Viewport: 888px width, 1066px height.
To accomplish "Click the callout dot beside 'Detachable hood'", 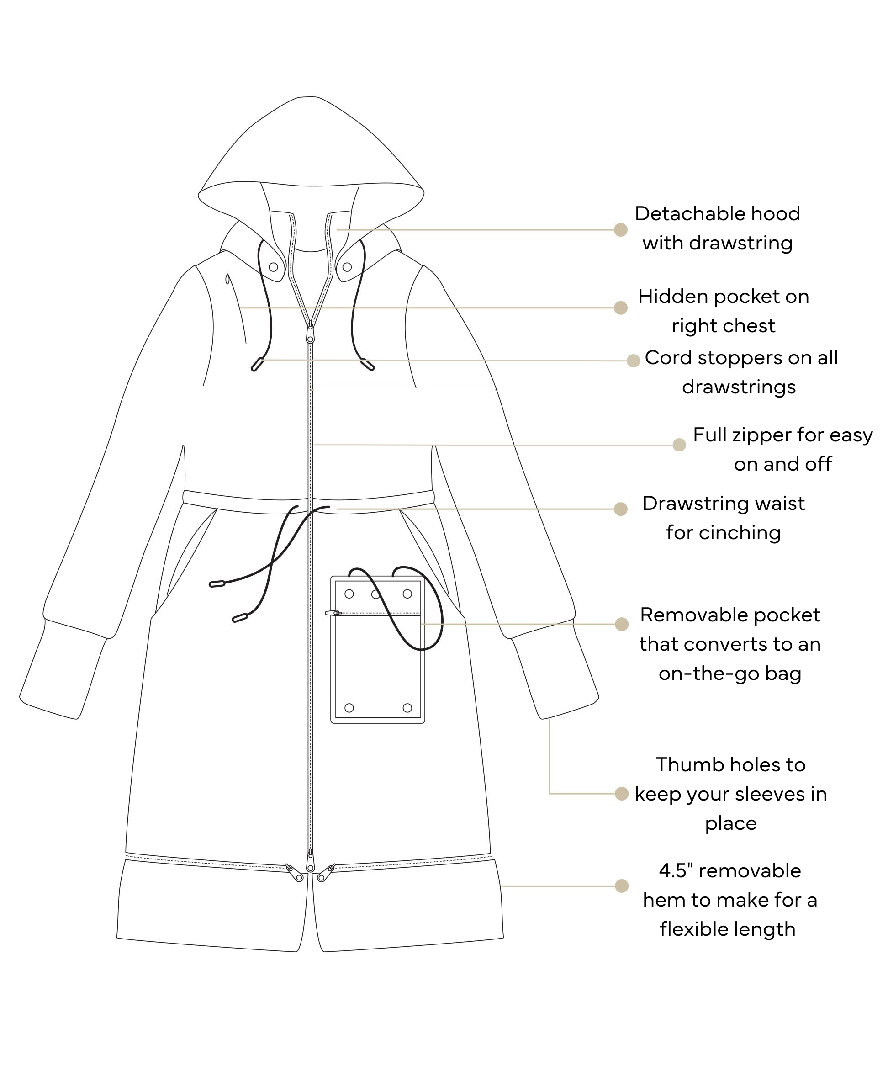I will tap(621, 230).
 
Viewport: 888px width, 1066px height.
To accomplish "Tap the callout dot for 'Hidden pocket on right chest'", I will tap(621, 308).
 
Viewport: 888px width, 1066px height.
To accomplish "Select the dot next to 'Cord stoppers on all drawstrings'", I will tap(633, 361).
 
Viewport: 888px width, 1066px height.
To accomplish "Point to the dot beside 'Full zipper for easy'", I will tap(679, 445).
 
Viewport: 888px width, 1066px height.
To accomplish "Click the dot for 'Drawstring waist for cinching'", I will tap(621, 509).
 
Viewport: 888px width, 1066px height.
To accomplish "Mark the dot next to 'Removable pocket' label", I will tap(622, 624).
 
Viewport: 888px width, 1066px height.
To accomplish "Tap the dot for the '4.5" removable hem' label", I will tap(622, 886).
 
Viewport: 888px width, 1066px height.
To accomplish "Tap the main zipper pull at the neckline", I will tap(310, 335).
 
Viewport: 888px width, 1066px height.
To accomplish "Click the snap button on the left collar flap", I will tap(273, 267).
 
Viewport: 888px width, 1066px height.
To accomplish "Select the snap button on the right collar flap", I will tap(347, 267).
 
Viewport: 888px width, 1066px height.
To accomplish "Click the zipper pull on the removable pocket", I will tap(333, 613).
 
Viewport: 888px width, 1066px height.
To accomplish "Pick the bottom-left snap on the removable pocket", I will tap(349, 708).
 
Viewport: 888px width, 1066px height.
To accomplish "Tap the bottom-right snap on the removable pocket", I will tap(407, 708).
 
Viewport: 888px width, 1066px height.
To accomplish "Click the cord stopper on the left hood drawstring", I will tap(257, 365).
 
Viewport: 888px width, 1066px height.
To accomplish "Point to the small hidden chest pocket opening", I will tap(227, 279).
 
